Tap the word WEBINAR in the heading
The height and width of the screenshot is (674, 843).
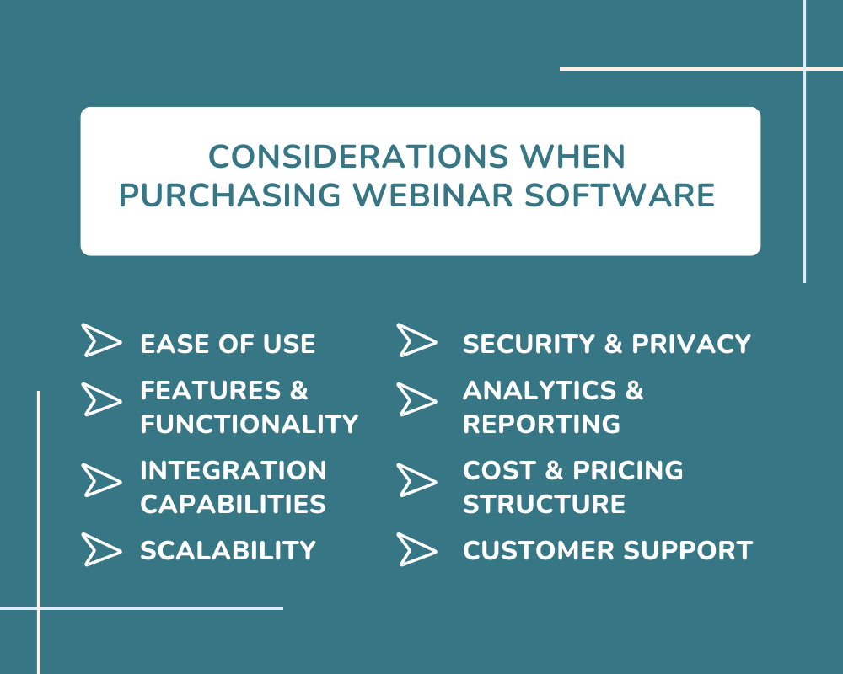click(432, 195)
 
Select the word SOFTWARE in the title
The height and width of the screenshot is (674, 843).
click(620, 195)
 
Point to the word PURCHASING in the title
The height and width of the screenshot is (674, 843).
click(229, 195)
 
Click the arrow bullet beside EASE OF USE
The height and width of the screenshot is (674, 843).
click(102, 340)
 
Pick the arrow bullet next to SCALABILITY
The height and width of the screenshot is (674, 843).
click(102, 549)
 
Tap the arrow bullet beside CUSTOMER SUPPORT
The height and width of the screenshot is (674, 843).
click(416, 549)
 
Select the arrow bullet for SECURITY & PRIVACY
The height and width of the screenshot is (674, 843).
click(416, 340)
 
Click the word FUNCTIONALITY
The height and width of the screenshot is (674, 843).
click(250, 424)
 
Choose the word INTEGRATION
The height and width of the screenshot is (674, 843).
click(234, 470)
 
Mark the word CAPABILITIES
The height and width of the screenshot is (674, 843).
click(234, 504)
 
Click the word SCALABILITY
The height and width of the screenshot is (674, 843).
click(228, 550)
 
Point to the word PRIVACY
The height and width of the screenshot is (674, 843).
click(691, 344)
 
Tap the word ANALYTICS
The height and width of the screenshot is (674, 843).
click(540, 390)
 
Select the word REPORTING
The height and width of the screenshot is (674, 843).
click(541, 424)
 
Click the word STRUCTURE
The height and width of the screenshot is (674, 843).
click(544, 504)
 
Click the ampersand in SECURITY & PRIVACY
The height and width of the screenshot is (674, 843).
click(614, 344)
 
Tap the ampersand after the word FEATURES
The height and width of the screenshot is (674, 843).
click(299, 390)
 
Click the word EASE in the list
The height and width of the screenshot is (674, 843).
click(175, 344)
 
